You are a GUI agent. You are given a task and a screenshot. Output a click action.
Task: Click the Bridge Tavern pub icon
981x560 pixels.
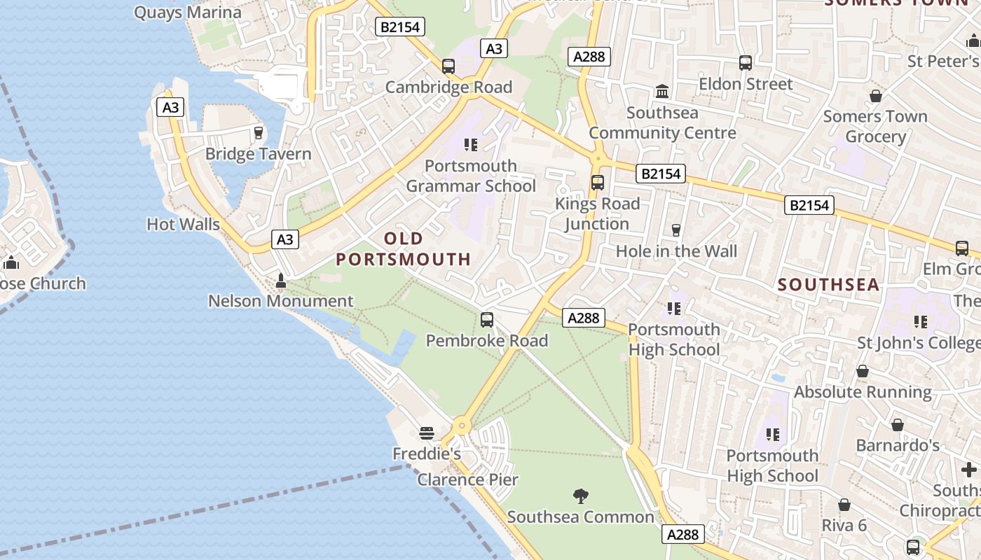tap(259, 132)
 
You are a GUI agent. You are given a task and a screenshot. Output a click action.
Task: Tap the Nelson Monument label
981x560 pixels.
tap(280, 301)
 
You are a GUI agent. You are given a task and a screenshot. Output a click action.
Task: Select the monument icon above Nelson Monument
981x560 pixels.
tap(281, 281)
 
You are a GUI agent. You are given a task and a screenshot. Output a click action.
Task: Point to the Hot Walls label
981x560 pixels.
tap(183, 225)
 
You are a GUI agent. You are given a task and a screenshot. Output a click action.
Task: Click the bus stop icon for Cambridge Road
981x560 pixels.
tap(448, 66)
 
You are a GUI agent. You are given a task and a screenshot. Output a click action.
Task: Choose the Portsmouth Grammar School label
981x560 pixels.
tap(471, 176)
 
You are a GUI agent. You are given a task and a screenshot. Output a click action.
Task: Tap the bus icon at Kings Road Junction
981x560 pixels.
tap(598, 183)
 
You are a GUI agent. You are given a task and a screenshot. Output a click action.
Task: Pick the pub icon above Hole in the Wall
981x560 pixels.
tap(676, 230)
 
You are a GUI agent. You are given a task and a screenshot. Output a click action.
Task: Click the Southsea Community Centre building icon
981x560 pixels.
tap(662, 91)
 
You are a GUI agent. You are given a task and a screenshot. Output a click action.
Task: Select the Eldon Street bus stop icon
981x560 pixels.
tap(746, 63)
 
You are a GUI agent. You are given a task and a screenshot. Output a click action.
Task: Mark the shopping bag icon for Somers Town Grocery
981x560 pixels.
tap(875, 96)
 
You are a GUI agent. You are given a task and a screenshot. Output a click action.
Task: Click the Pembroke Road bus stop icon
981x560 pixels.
tap(487, 320)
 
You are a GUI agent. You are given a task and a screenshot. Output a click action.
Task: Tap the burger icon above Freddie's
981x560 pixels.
tap(426, 433)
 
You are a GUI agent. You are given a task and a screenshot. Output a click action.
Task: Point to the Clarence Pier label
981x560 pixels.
tap(467, 479)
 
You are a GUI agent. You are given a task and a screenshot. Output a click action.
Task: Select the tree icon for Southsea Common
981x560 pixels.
tap(580, 496)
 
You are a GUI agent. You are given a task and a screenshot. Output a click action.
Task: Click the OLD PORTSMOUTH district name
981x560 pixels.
tap(403, 249)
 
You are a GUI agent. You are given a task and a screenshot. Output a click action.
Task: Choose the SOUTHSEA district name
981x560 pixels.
tap(828, 284)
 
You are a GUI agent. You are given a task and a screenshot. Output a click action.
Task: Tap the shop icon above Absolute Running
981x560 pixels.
tap(863, 371)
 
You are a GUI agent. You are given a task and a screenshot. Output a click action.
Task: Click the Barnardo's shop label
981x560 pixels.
tap(897, 445)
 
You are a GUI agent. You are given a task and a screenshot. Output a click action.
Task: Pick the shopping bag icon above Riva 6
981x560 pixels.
tap(844, 505)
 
